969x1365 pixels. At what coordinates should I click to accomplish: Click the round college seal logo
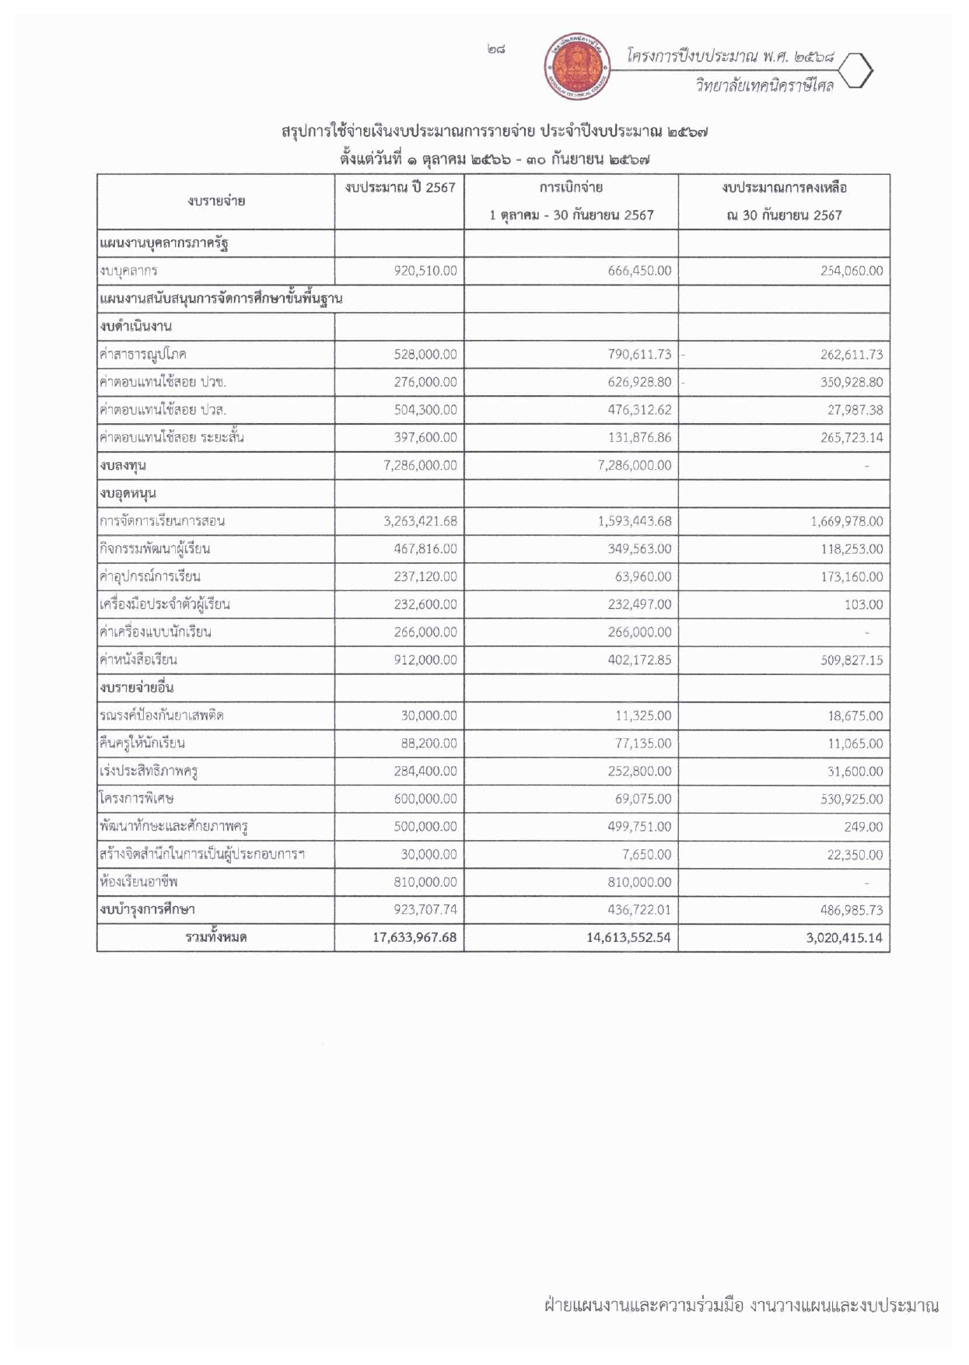[x=575, y=66]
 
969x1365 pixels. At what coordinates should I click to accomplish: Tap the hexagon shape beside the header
[x=858, y=72]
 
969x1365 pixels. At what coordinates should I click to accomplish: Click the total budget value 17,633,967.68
[x=415, y=937]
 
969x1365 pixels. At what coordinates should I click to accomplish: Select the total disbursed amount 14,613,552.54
[x=628, y=937]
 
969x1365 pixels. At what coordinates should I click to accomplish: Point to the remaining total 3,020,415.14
[x=844, y=937]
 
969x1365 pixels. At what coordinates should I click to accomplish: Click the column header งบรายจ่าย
[x=216, y=201]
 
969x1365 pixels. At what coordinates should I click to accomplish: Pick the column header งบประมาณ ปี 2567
[x=400, y=187]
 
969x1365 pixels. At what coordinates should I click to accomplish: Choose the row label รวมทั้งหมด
[x=216, y=937]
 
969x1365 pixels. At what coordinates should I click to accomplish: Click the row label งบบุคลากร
[x=129, y=271]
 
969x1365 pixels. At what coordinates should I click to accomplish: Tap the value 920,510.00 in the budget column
[x=425, y=271]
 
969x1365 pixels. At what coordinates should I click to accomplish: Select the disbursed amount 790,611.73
[x=639, y=354]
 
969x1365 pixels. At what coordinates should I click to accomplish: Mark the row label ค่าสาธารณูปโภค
[x=143, y=354]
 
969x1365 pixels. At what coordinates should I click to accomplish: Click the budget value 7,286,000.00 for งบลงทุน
[x=420, y=465]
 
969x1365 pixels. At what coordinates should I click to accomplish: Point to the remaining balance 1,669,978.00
[x=846, y=521]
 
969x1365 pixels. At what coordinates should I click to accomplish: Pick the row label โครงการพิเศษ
[x=137, y=799]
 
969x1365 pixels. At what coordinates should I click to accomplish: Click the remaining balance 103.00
[x=863, y=604]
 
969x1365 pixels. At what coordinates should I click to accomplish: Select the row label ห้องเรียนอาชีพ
[x=138, y=882]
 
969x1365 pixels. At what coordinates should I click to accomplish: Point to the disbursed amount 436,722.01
[x=639, y=909]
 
